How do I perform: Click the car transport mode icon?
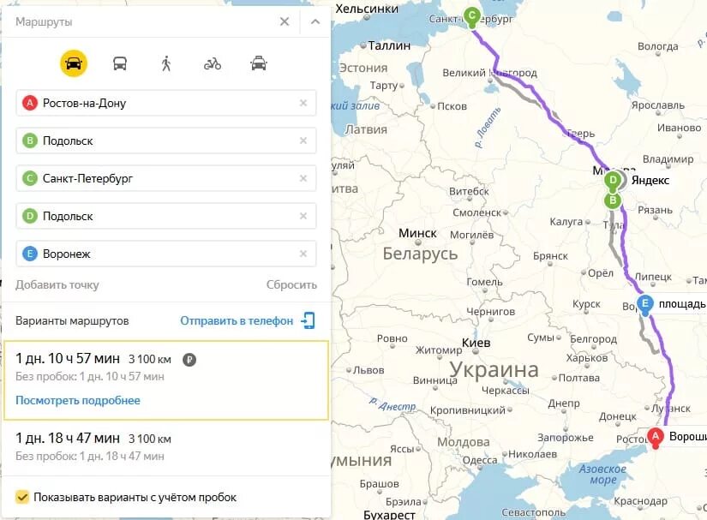click(74, 63)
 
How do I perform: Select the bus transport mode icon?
click(120, 63)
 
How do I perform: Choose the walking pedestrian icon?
click(166, 63)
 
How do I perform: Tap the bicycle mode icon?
click(212, 63)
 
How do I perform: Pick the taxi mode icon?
click(258, 63)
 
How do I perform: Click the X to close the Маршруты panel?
click(285, 21)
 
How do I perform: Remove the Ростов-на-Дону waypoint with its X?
click(303, 103)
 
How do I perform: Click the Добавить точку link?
click(57, 284)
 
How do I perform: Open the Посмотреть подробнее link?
click(78, 400)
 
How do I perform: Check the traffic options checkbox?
click(22, 497)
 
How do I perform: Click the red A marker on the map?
click(656, 437)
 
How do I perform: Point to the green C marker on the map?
click(470, 15)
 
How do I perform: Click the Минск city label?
click(417, 233)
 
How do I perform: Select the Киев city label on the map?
click(476, 343)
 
